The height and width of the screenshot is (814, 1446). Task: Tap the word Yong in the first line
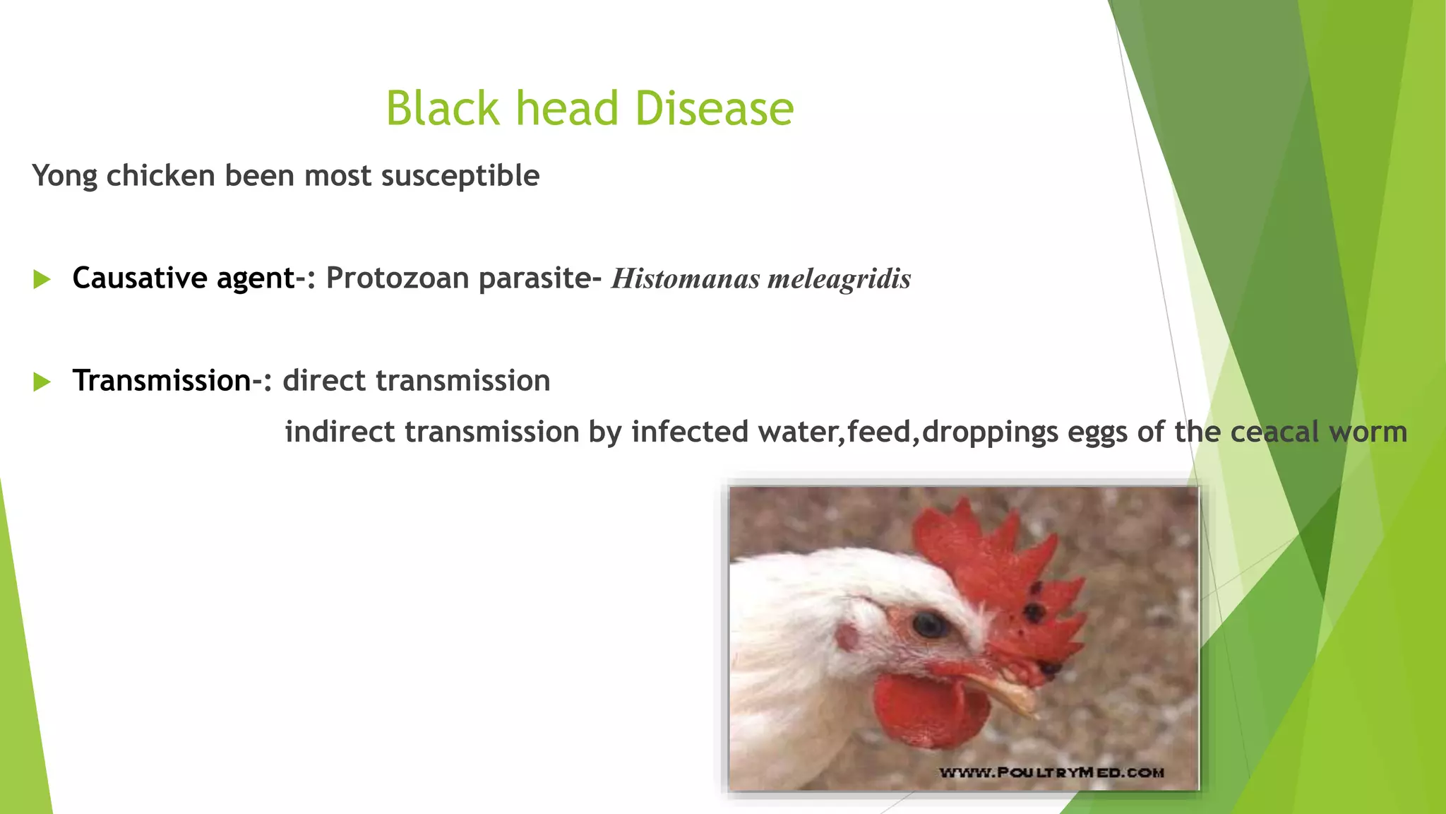coord(64,176)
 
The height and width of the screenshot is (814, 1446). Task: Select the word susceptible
coord(460,176)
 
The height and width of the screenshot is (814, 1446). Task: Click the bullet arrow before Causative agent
coord(42,279)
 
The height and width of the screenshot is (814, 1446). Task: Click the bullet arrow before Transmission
coord(42,382)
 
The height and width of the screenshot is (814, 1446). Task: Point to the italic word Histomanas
coord(685,278)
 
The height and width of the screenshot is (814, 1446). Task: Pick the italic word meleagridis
coord(839,278)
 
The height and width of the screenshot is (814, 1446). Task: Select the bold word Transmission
coord(162,381)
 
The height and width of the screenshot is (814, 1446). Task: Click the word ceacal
coord(1274,432)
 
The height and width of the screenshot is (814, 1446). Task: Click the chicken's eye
coord(929,625)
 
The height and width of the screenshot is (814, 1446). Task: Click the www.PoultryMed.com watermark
coord(1051,772)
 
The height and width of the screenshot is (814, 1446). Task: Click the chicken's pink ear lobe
coord(847,637)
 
